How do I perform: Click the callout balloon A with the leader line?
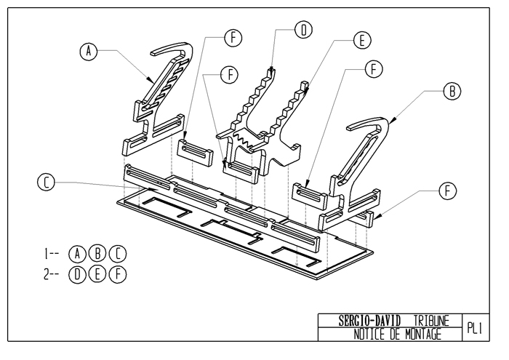88,52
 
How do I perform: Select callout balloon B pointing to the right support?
452,91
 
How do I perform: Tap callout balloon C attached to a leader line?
46,183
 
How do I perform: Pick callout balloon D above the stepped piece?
303,30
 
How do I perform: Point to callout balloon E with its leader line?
362,41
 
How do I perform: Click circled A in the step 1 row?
77,254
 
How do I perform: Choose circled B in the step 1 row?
97,254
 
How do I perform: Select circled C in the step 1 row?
118,254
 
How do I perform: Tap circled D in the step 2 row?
77,275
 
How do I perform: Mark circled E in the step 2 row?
97,275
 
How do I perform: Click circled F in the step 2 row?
118,275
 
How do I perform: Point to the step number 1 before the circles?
46,254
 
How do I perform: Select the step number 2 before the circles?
47,275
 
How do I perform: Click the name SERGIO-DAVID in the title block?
369,321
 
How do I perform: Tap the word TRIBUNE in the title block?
431,321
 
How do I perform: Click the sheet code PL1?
475,328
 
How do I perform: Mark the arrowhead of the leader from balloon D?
271,69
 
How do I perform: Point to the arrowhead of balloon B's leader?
393,121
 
